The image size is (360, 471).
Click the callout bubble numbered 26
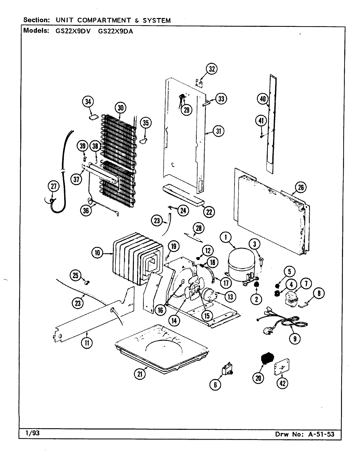[300, 187]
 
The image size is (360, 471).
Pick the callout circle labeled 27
[54, 187]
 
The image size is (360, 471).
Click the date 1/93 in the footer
[32, 433]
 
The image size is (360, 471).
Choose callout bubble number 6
[215, 385]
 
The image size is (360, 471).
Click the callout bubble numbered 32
[212, 69]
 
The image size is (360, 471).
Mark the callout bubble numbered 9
[295, 339]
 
